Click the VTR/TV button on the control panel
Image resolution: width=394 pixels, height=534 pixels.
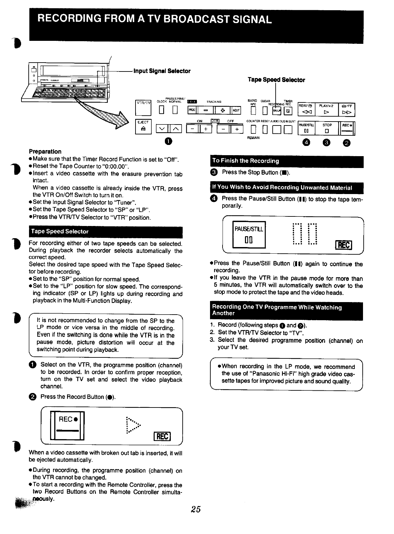pyautogui.click(x=143, y=107)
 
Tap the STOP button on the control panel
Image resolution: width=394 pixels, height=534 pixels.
pyautogui.click(x=327, y=128)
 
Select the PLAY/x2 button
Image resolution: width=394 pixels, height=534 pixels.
pyautogui.click(x=326, y=109)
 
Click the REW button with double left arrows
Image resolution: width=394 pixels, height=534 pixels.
pyautogui.click(x=306, y=109)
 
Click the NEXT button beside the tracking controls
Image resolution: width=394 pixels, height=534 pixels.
pyautogui.click(x=236, y=111)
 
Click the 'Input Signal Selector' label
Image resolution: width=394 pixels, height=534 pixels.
pyautogui.click(x=162, y=71)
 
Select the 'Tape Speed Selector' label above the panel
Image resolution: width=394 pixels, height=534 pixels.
pyautogui.click(x=276, y=80)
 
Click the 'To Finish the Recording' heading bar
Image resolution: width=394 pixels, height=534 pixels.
pyautogui.click(x=287, y=161)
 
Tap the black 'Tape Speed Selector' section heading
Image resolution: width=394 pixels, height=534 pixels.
pyautogui.click(x=106, y=232)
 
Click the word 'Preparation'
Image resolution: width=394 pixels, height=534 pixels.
pyautogui.click(x=45, y=152)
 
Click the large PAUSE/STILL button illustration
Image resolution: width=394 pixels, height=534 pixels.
pyautogui.click(x=249, y=235)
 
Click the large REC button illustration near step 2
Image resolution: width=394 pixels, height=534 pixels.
pyautogui.click(x=67, y=425)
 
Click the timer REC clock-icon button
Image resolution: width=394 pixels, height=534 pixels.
pyautogui.click(x=288, y=111)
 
